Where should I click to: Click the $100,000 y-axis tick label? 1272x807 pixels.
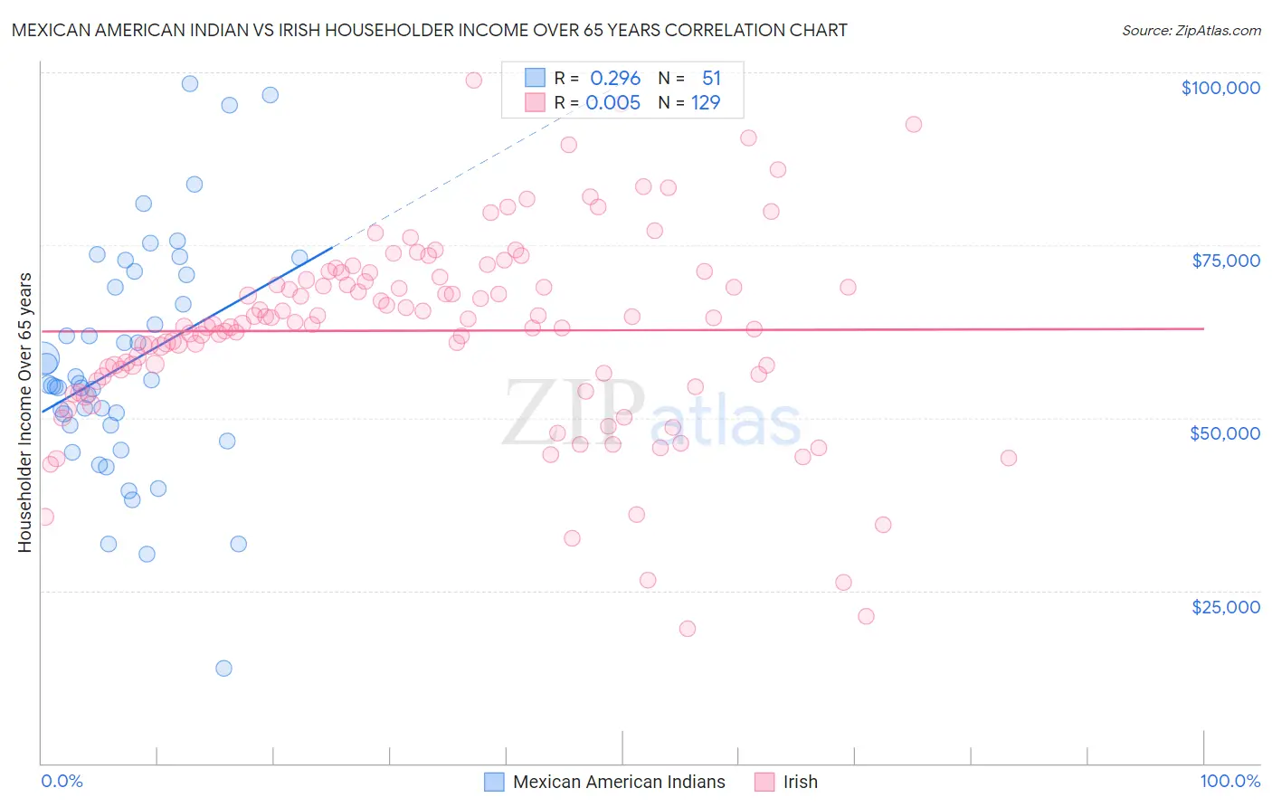pos(1220,88)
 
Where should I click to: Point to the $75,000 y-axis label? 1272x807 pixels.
pos(1226,261)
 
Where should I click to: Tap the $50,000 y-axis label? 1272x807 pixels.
pos(1225,433)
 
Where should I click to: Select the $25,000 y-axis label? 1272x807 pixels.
pos(1226,607)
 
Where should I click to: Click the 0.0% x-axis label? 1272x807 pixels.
pos(62,781)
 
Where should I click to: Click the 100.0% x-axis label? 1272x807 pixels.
pos(1229,781)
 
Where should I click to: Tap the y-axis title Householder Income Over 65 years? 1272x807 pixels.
pos(25,412)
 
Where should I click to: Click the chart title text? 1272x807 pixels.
pos(429,30)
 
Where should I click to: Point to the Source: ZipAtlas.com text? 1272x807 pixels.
pos(1191,30)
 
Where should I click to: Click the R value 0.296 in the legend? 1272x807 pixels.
pos(615,78)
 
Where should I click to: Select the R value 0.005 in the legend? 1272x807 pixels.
pos(613,102)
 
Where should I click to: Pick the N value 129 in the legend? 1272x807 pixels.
pos(706,102)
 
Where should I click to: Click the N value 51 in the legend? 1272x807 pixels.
pos(711,78)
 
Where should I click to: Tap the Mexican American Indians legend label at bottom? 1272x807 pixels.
pos(619,782)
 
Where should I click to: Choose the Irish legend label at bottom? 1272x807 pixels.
pos(800,782)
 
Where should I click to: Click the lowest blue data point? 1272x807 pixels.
pos(223,669)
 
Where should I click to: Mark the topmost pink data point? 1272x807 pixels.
pos(473,80)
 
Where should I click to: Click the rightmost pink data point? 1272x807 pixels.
pos(1009,458)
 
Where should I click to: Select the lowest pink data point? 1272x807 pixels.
pos(688,629)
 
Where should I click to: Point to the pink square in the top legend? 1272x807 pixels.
pos(535,102)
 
